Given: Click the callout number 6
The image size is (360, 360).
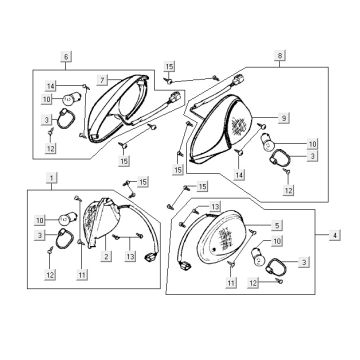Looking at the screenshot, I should point(68,56).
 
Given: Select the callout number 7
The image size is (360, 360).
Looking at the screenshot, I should point(101,77).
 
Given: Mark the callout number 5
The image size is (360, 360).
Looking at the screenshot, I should point(276,225).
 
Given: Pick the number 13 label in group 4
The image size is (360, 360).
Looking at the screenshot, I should point(214,206).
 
